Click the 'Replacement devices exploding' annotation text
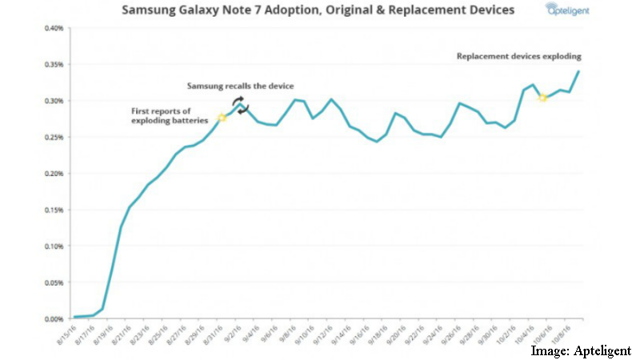click(x=518, y=57)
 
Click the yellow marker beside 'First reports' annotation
click(x=222, y=118)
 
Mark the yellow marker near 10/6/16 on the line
click(x=542, y=98)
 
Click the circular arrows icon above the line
click(x=240, y=105)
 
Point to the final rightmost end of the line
click(x=578, y=71)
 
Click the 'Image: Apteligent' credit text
click(x=581, y=350)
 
